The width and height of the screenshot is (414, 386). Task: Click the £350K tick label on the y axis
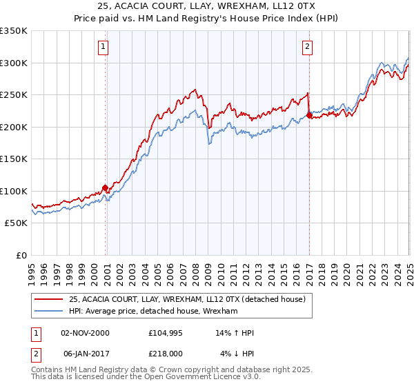[13, 31]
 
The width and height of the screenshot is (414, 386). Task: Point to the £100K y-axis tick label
[13, 191]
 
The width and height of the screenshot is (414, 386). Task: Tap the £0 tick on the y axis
[21, 255]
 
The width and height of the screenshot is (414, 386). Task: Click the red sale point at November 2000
[105, 187]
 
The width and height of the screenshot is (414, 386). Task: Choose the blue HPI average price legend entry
[152, 311]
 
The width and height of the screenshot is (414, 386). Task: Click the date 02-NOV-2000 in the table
[85, 333]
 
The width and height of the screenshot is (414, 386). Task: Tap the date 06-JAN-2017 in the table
[85, 354]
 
